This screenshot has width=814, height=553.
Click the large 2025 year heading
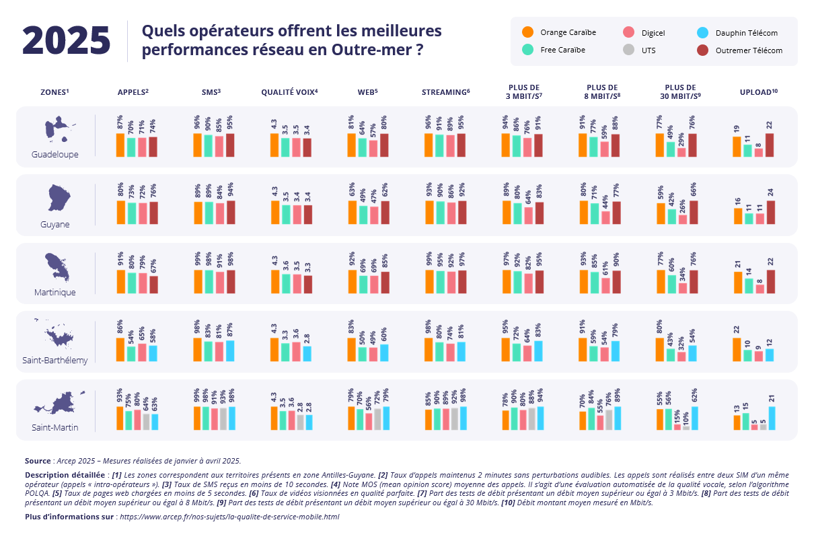click(x=66, y=41)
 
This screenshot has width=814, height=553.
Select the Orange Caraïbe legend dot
click(x=528, y=32)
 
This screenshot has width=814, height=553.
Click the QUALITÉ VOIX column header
click(x=289, y=91)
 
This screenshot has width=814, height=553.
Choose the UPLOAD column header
click(x=757, y=91)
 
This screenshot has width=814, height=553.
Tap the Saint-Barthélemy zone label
click(x=55, y=361)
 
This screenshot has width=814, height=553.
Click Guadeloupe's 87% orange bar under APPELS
click(x=120, y=145)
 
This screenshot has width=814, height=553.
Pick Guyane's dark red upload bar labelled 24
click(x=770, y=212)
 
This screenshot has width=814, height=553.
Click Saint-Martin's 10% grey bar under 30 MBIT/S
click(x=686, y=428)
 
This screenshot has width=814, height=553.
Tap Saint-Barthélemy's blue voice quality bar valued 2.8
click(x=307, y=354)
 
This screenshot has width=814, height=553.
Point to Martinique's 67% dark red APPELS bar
click(x=153, y=285)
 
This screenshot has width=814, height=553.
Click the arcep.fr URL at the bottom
click(x=229, y=517)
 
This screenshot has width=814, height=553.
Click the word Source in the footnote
click(x=38, y=461)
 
